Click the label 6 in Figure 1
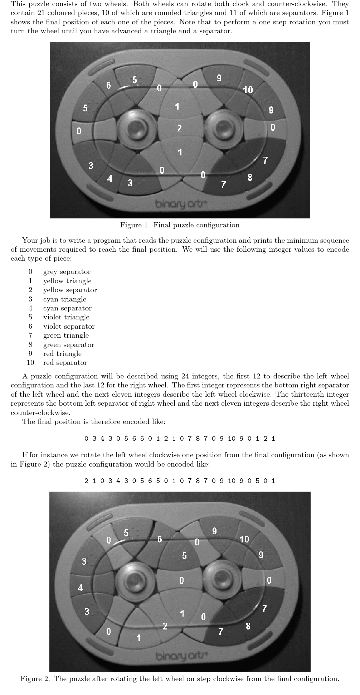click(x=108, y=85)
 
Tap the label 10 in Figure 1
click(x=248, y=90)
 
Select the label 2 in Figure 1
click(x=179, y=128)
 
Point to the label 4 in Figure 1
click(x=110, y=178)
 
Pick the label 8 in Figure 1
click(x=250, y=177)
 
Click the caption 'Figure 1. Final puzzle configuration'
click(x=180, y=225)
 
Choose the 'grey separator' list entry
click(x=67, y=272)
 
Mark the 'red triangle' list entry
click(x=62, y=353)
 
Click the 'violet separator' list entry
click(x=69, y=326)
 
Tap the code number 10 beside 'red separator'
click(x=30, y=362)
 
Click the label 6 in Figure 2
click(x=160, y=539)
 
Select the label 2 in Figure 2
click(x=165, y=626)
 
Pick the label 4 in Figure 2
click(x=81, y=588)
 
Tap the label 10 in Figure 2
click(x=244, y=539)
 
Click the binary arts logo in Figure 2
click(x=181, y=656)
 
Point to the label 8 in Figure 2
click(x=248, y=626)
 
